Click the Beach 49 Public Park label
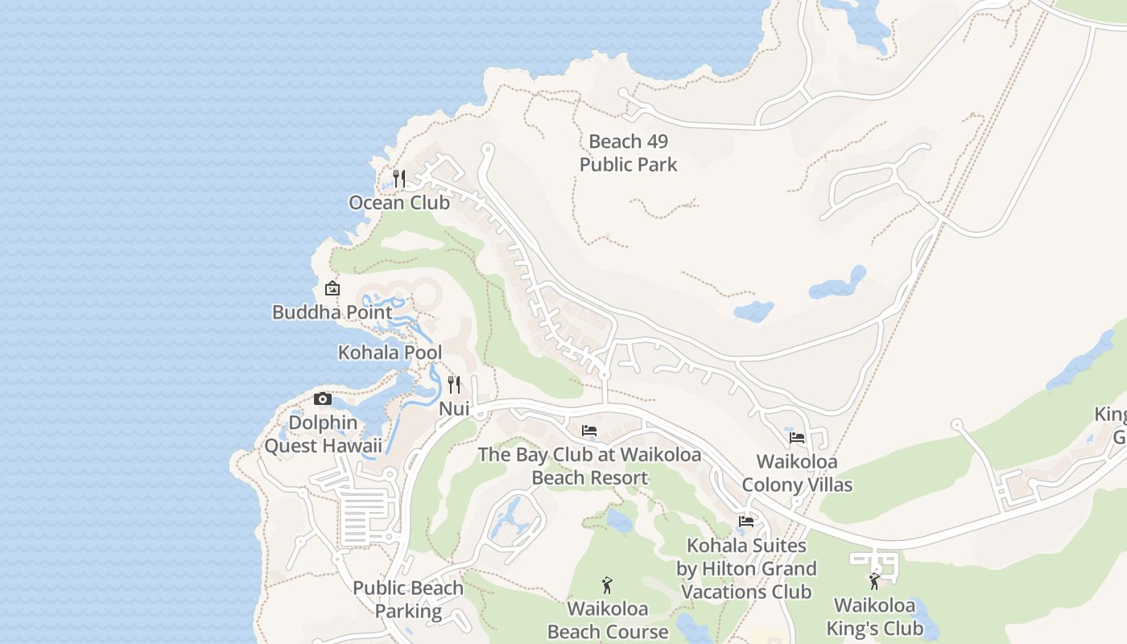coord(628,153)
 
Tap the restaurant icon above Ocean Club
coord(399,178)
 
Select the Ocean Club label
coord(399,203)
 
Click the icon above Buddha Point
coord(332,288)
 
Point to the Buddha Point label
coord(332,312)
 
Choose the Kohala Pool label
coord(390,353)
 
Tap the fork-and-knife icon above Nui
coord(454,385)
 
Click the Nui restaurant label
coord(454,409)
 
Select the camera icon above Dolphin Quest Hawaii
coord(323,398)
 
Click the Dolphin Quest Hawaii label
coord(323,434)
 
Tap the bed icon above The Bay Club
coord(589,431)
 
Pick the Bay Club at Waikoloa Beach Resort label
coord(589,466)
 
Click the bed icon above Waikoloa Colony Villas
coord(797,438)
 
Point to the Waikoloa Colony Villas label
coord(797,473)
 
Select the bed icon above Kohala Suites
coord(746,522)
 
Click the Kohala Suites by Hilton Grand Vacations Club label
coord(746,568)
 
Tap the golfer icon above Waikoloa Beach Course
coord(607,585)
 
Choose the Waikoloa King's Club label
coord(874,617)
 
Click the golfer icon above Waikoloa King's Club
coord(874,581)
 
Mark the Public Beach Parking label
coord(408,600)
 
